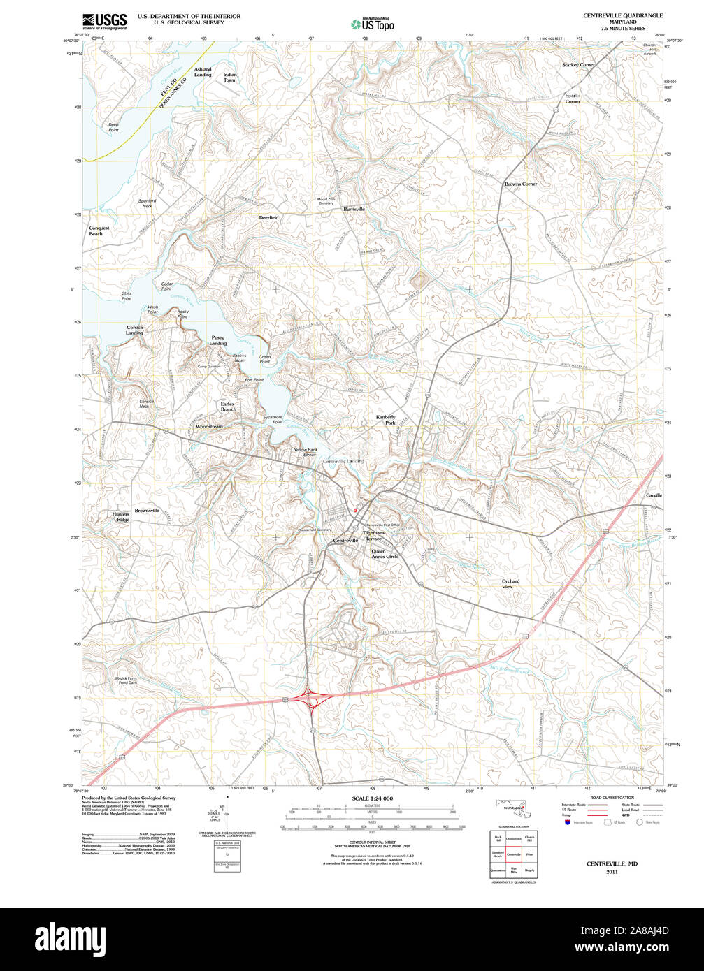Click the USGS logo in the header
(x=104, y=22)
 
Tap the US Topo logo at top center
(x=373, y=24)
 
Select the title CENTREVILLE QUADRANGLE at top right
(x=623, y=15)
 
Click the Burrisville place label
(x=354, y=209)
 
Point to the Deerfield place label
(x=269, y=217)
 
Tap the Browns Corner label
(x=521, y=184)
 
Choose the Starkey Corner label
(x=578, y=64)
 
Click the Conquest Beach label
(x=99, y=231)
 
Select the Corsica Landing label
(x=134, y=330)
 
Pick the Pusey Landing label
(x=218, y=340)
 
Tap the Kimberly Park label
(x=386, y=420)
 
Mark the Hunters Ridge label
(x=121, y=517)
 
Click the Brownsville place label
(x=147, y=511)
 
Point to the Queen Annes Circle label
(x=385, y=554)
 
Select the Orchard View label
(x=510, y=584)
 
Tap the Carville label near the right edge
(x=654, y=495)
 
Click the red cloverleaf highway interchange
(x=308, y=697)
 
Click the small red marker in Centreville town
(x=355, y=510)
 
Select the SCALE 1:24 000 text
(x=372, y=798)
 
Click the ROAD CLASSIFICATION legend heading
(x=612, y=798)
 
